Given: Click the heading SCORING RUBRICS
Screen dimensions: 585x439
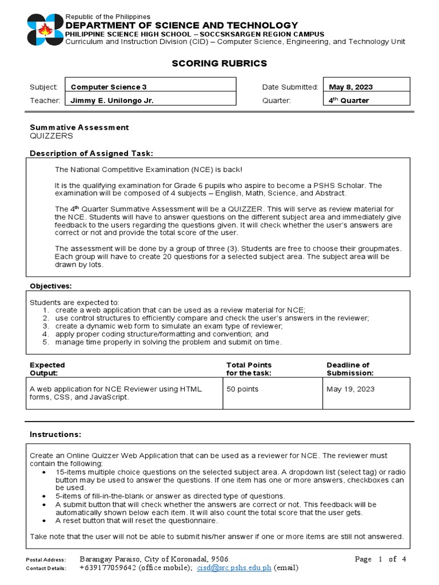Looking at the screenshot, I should pyautogui.click(x=219, y=63).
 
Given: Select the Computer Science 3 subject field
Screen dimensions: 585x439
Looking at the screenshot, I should pyautogui.click(x=109, y=87).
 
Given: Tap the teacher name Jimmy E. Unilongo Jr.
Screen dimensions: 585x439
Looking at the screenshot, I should pyautogui.click(x=111, y=101).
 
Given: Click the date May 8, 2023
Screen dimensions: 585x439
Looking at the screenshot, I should pyautogui.click(x=350, y=87).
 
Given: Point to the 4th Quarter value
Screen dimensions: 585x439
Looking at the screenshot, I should pyautogui.click(x=349, y=101).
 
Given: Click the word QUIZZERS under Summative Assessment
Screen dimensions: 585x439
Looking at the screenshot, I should pyautogui.click(x=51, y=136).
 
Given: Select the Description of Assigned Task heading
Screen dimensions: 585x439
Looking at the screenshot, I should pyautogui.click(x=91, y=153).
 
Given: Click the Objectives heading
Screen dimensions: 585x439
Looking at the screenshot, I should pyautogui.click(x=50, y=286).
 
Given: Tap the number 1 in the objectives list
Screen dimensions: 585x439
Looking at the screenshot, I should pyautogui.click(x=46, y=310).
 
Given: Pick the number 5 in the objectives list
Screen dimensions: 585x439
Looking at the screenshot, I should pyautogui.click(x=46, y=342).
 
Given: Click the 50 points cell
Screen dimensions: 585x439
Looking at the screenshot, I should pyautogui.click(x=242, y=389).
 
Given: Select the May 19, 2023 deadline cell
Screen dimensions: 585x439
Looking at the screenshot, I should pyautogui.click(x=350, y=389).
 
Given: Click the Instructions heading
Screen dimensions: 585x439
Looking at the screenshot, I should pyautogui.click(x=55, y=435).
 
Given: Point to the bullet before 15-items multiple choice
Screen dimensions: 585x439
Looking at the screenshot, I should pyautogui.click(x=45, y=472).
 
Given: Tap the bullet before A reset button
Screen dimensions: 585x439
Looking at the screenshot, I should pyautogui.click(x=45, y=520).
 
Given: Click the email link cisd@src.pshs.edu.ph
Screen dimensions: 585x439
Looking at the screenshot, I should pyautogui.click(x=234, y=568).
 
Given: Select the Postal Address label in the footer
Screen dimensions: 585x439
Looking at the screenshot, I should pyautogui.click(x=46, y=560).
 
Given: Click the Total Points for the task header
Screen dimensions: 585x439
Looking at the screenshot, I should pyautogui.click(x=249, y=369).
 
